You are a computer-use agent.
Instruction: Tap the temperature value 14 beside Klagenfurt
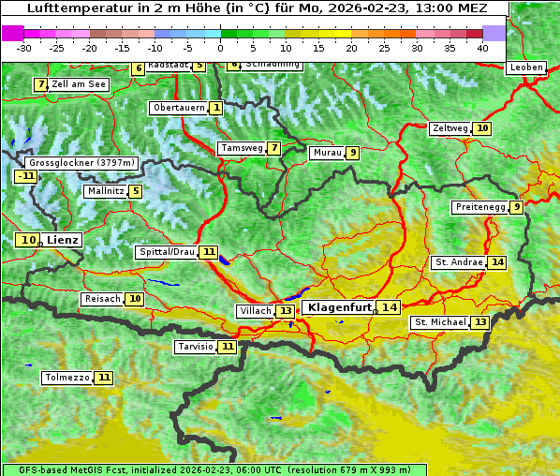click(389, 307)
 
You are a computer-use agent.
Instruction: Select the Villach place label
click(256, 310)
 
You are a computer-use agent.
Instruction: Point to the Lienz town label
click(63, 240)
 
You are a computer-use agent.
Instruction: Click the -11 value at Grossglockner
click(25, 175)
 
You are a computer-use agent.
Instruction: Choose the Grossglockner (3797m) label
click(82, 162)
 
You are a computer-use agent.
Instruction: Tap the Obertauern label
click(178, 108)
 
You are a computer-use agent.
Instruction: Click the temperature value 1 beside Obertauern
click(216, 108)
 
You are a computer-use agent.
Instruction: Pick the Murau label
click(327, 153)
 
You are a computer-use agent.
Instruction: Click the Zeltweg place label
click(450, 128)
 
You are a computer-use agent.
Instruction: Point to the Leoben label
click(525, 67)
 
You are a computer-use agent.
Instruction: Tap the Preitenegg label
click(480, 207)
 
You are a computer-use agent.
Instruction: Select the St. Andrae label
click(458, 262)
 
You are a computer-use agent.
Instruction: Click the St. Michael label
click(440, 322)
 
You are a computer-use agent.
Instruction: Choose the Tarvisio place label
click(196, 347)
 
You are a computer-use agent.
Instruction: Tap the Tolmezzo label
click(67, 378)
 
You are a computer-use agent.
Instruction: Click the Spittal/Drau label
click(167, 252)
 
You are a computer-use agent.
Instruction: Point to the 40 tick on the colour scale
click(482, 47)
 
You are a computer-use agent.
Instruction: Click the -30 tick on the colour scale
click(24, 47)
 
